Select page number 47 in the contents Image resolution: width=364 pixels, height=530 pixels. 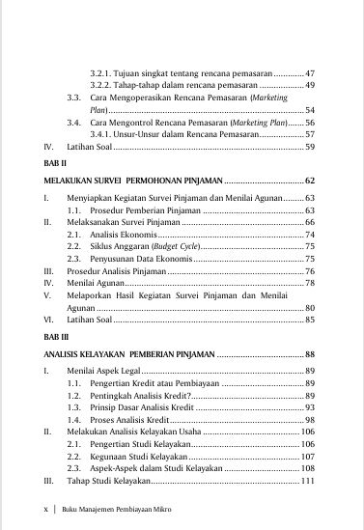tap(309, 73)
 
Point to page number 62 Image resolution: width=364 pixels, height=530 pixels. tap(309, 181)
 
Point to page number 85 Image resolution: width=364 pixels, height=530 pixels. tap(309, 318)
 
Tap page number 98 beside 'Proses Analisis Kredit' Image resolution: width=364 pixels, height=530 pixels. tap(309, 421)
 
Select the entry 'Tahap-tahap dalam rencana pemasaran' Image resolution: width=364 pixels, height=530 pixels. tap(165, 86)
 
